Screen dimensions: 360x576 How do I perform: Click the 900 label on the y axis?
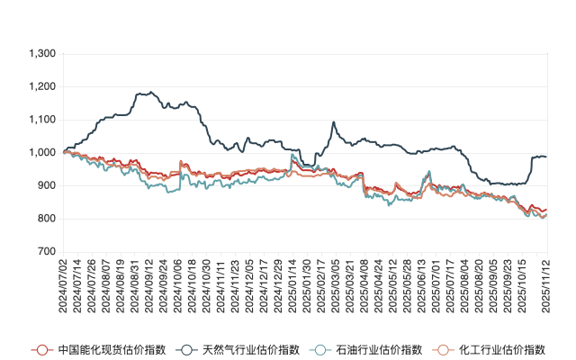(x=45, y=185)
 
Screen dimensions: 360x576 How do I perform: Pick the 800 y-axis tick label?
(x=45, y=219)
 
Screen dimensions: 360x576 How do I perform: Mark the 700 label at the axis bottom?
(x=45, y=252)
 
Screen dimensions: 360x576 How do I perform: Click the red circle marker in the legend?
(x=40, y=349)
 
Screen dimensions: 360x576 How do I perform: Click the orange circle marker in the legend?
(x=442, y=349)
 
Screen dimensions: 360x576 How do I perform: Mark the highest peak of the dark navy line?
(x=142, y=92)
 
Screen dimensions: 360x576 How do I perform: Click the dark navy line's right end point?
(x=546, y=157)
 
